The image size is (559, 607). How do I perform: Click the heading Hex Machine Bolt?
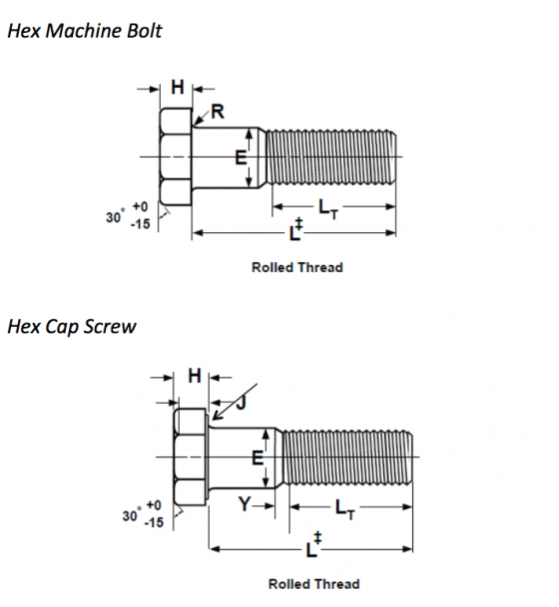[84, 30]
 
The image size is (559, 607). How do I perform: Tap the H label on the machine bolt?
[177, 88]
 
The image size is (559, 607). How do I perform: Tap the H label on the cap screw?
[194, 376]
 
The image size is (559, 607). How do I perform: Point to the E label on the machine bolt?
[240, 157]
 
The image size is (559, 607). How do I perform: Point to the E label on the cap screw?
[257, 458]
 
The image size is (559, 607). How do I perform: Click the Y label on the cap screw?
[245, 505]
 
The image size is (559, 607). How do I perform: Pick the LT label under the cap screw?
[345, 509]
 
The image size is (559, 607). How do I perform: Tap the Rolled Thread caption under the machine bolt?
[296, 267]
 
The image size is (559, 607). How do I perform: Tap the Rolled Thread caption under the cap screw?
[313, 583]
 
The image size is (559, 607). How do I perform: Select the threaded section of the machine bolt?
[334, 157]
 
